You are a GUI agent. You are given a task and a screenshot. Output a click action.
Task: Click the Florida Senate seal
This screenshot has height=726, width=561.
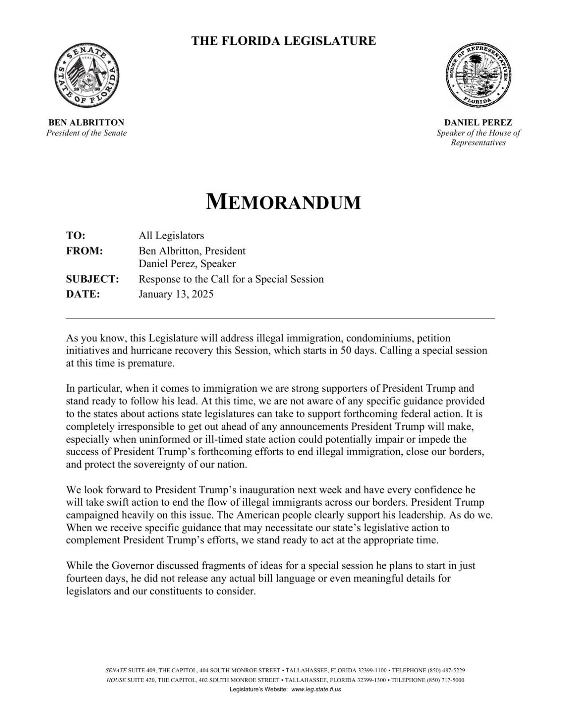[x=86, y=76]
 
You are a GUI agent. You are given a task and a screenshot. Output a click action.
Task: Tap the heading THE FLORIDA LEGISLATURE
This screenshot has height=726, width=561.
[x=283, y=41]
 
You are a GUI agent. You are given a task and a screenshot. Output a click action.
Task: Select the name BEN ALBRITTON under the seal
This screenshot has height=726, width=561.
[x=86, y=122]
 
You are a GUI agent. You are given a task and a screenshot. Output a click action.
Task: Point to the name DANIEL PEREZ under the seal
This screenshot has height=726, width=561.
[x=479, y=122]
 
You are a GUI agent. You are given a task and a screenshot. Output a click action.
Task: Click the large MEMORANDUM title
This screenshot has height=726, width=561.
[x=283, y=202]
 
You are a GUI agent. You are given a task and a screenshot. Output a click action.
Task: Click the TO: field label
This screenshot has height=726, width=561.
[x=75, y=235]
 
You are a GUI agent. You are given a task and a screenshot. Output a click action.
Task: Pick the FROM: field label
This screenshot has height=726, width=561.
[x=84, y=251]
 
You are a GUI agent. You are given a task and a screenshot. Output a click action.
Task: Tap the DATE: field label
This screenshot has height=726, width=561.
[x=83, y=294]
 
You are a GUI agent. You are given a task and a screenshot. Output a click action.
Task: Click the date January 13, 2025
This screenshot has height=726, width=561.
[x=176, y=294]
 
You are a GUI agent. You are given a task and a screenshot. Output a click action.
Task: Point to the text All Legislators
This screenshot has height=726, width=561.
[x=171, y=235]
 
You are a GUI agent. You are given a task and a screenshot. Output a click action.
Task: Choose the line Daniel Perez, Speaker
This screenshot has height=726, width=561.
[x=187, y=264]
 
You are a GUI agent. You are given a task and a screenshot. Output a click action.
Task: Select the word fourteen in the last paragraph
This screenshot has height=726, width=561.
[x=86, y=579]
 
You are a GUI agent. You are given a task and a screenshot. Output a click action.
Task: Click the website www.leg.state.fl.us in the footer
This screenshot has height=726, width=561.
[x=316, y=690]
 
